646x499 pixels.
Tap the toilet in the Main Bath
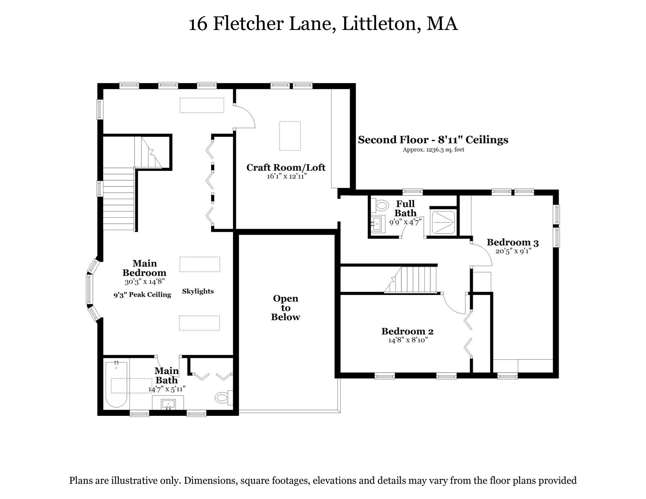click(x=222, y=398)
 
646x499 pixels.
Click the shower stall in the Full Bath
click(x=443, y=222)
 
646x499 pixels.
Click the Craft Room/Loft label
click(x=286, y=168)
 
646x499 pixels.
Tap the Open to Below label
click(x=285, y=308)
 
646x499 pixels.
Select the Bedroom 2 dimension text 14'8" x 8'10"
click(x=408, y=340)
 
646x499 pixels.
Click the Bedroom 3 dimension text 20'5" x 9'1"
click(x=513, y=251)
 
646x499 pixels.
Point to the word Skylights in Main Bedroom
click(x=198, y=291)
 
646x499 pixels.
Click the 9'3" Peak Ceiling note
click(x=142, y=295)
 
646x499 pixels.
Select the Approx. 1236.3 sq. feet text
click(x=433, y=150)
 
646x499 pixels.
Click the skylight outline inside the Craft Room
click(x=290, y=136)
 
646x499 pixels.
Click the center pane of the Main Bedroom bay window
click(x=89, y=289)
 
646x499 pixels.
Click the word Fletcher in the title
click(x=248, y=24)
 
